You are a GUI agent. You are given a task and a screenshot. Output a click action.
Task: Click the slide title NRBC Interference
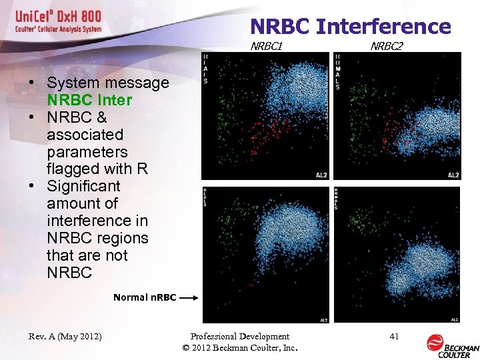(x=351, y=27)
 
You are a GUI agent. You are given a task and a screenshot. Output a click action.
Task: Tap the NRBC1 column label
(x=267, y=47)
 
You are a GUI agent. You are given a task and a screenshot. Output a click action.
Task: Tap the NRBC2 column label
(x=387, y=47)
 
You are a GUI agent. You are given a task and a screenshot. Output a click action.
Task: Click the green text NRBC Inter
(x=89, y=100)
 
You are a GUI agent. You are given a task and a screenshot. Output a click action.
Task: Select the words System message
(x=108, y=83)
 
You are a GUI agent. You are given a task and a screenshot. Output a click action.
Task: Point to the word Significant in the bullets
(x=83, y=186)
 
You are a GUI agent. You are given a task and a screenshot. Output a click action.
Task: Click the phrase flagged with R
(x=97, y=169)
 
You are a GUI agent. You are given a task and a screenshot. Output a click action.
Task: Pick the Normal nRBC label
(x=145, y=297)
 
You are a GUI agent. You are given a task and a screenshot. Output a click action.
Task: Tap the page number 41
(x=394, y=337)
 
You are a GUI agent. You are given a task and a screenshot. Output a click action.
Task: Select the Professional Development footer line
(x=239, y=337)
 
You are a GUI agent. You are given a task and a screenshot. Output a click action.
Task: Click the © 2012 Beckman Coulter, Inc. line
(x=239, y=348)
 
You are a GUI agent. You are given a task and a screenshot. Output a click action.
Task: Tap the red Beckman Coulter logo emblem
(x=435, y=342)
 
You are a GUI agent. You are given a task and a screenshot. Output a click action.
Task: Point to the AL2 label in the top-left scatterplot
(x=321, y=175)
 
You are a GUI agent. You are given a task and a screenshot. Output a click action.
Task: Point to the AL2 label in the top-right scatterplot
(x=453, y=175)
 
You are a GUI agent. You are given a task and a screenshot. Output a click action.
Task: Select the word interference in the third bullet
(x=97, y=221)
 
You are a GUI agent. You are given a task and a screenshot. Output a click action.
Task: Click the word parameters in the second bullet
(x=87, y=151)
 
